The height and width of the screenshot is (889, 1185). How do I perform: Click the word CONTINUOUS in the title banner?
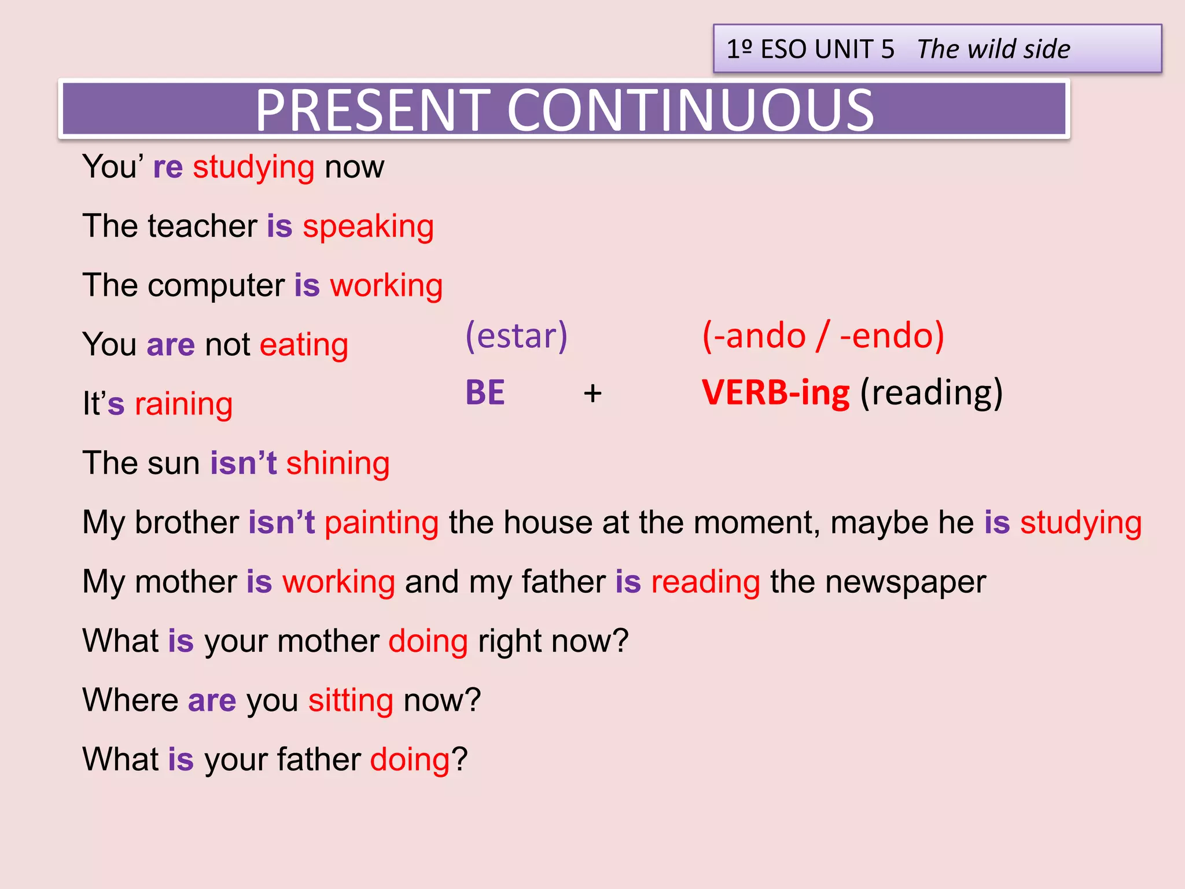tap(690, 110)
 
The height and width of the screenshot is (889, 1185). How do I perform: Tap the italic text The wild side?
tap(993, 49)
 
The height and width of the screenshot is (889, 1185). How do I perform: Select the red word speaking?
tap(368, 226)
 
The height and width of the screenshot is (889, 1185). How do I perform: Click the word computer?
tap(216, 286)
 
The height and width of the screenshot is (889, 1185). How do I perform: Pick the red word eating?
tap(304, 345)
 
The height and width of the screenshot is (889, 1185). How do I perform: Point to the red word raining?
tap(183, 404)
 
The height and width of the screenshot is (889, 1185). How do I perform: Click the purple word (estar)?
tap(517, 336)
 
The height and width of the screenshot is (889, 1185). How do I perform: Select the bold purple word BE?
tap(485, 392)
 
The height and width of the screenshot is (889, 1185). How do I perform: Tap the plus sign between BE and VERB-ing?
tap(592, 394)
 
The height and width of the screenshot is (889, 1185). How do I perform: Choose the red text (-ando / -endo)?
tap(823, 336)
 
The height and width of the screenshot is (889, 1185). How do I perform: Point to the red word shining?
tap(338, 464)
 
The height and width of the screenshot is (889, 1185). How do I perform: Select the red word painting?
tap(381, 523)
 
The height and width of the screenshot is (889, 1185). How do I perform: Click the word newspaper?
tap(906, 582)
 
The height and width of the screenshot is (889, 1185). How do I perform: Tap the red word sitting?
tap(351, 700)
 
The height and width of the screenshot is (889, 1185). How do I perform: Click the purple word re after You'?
tap(168, 167)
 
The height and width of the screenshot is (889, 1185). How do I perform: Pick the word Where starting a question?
tap(130, 700)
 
